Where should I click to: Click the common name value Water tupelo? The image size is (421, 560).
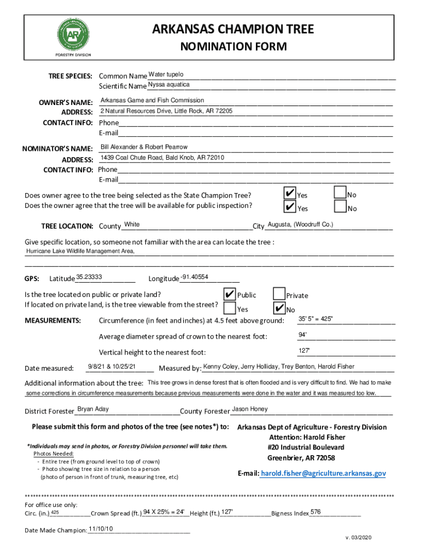tap(166, 74)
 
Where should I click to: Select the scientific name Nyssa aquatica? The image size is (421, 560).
tap(168, 85)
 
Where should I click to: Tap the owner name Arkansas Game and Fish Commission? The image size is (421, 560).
tap(152, 101)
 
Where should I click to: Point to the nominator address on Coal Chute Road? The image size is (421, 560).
tap(162, 158)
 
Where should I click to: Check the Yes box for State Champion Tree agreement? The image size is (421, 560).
tap(289, 194)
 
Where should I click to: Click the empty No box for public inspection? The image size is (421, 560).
tap(340, 207)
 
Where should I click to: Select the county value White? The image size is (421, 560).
tap(132, 225)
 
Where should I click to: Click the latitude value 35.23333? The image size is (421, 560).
tap(90, 277)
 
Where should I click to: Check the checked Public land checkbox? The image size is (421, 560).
tap(230, 294)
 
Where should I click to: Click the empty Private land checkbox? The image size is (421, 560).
tap(279, 294)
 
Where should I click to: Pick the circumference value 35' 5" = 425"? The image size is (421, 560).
tap(315, 319)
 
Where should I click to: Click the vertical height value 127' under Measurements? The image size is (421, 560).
tap(304, 351)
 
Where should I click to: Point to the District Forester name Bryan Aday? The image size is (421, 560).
tap(93, 410)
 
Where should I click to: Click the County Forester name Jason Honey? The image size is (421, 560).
tap(250, 410)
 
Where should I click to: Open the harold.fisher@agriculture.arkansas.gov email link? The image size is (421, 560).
tap(324, 473)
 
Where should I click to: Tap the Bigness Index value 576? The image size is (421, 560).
tap(315, 512)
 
